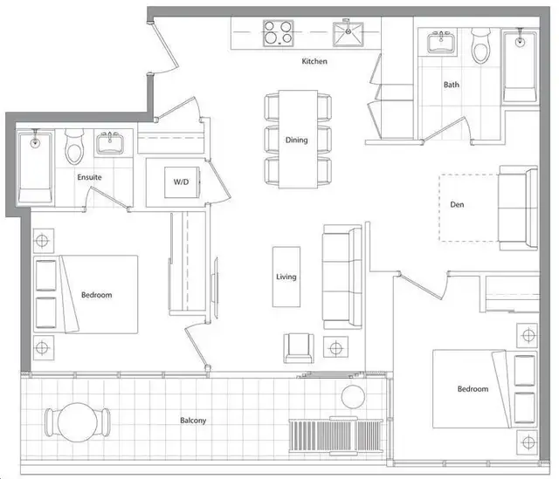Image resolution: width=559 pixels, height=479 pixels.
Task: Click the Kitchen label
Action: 314,61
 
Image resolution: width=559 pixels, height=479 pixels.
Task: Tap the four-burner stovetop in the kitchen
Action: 279,33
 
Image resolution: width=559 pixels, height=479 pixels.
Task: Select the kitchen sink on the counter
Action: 349,34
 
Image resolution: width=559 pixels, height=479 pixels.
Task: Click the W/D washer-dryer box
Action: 182,182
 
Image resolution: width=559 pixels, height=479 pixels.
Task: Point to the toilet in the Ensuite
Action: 74,147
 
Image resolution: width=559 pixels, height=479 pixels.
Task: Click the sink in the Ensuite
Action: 110,143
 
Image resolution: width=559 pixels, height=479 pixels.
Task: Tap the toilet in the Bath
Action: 481,46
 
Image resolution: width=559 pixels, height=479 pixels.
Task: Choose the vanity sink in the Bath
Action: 442,42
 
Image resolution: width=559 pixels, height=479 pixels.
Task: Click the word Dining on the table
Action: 296,140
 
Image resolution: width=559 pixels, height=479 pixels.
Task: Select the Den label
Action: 457,204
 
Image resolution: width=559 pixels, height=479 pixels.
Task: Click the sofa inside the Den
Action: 518,208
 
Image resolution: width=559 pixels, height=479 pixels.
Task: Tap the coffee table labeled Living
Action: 286,277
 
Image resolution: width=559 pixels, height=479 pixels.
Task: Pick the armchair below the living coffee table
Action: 299,348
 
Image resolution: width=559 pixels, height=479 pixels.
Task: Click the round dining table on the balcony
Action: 78,422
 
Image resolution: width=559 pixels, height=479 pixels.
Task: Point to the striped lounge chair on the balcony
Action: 335,436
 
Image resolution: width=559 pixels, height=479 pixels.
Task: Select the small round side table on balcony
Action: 353,397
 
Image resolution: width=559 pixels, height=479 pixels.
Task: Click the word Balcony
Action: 193,421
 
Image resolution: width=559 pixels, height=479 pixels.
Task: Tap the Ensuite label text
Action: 89,177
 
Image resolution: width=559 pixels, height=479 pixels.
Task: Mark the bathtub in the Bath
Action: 520,66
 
